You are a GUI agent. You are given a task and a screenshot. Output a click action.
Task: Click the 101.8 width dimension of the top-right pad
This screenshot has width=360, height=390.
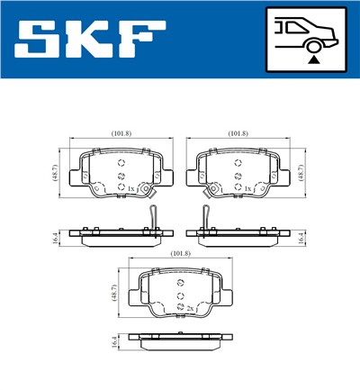coord(238,133)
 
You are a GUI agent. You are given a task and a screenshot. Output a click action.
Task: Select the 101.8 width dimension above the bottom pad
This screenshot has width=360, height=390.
coord(180,254)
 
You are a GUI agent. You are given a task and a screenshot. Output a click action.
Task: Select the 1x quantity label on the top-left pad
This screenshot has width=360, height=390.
coord(131,188)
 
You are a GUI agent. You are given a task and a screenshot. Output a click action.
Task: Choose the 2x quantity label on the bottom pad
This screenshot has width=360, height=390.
coord(190,309)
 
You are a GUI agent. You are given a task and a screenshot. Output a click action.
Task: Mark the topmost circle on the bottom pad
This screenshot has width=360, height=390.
coord(180,282)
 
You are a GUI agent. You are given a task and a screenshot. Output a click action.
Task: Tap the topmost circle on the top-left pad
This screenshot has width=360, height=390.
coord(122,162)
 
